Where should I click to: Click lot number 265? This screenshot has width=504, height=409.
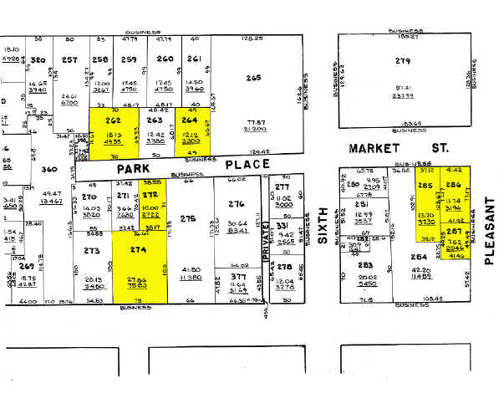[x=254, y=78]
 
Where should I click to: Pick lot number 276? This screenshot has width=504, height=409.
[x=237, y=204]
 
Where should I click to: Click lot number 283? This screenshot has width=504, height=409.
[x=365, y=266]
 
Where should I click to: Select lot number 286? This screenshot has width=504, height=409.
[x=455, y=185]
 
